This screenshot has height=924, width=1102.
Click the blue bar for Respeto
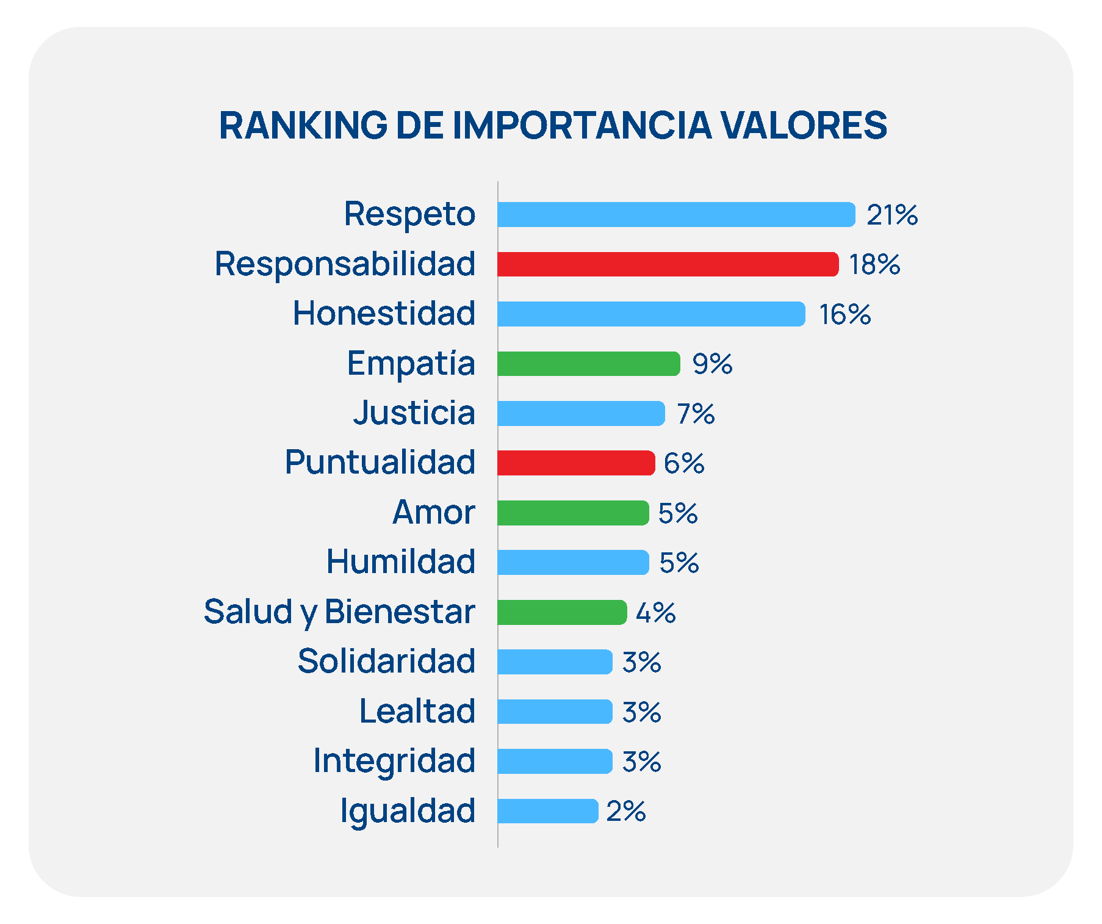[676, 215]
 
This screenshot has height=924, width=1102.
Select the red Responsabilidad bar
[668, 264]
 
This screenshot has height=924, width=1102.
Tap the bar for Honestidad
[651, 314]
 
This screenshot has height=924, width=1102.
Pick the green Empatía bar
[588, 364]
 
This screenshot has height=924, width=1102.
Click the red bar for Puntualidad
[576, 463]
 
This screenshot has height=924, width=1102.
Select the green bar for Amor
[573, 513]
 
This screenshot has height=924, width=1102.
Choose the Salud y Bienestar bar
[562, 612]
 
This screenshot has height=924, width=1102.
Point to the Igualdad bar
[547, 811]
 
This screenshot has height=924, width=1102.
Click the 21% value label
[892, 215]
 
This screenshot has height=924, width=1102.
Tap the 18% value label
[874, 265]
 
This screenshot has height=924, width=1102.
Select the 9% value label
[712, 364]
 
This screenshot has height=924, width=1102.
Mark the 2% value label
[626, 812]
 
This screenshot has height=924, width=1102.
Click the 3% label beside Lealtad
[641, 712]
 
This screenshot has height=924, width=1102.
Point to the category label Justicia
[414, 413]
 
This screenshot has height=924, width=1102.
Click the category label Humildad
[401, 562]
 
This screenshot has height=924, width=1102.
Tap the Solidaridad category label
[386, 662]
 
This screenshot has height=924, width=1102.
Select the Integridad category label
[394, 761]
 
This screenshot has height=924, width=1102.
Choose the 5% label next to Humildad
[679, 563]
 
